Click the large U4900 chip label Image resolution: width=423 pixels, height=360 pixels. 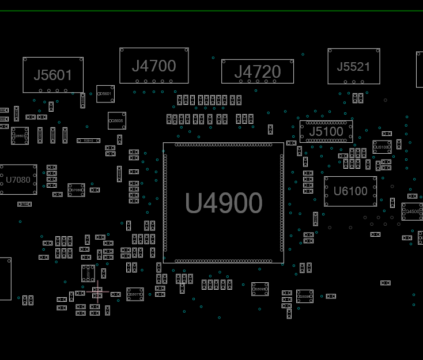[x=224, y=203]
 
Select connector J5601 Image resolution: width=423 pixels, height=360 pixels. [x=53, y=75]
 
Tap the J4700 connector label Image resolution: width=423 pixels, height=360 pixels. [x=154, y=66]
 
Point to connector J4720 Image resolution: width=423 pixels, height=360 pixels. [x=258, y=72]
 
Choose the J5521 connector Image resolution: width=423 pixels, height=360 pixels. [x=354, y=67]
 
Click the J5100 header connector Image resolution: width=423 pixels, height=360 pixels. [x=326, y=131]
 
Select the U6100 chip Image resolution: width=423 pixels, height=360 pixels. [x=350, y=191]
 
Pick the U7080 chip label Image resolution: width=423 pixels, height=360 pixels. [x=18, y=180]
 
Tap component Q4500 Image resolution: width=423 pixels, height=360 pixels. [x=413, y=211]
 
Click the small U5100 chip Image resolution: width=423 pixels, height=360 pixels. [x=382, y=147]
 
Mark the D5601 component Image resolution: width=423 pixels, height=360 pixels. [x=105, y=93]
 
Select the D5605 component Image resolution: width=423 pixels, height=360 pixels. [x=117, y=121]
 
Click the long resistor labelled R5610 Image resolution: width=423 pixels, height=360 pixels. [x=88, y=141]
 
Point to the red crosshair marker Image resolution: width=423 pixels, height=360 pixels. [x=97, y=293]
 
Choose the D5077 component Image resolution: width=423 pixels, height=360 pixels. [x=135, y=294]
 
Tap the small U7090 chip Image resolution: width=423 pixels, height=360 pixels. [x=76, y=190]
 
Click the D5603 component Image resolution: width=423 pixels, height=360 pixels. [x=20, y=136]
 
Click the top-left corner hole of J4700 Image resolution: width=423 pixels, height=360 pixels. [x=122, y=50]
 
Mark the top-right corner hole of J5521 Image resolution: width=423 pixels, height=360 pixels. [x=377, y=51]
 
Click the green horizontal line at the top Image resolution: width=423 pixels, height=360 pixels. [x=211, y=11]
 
